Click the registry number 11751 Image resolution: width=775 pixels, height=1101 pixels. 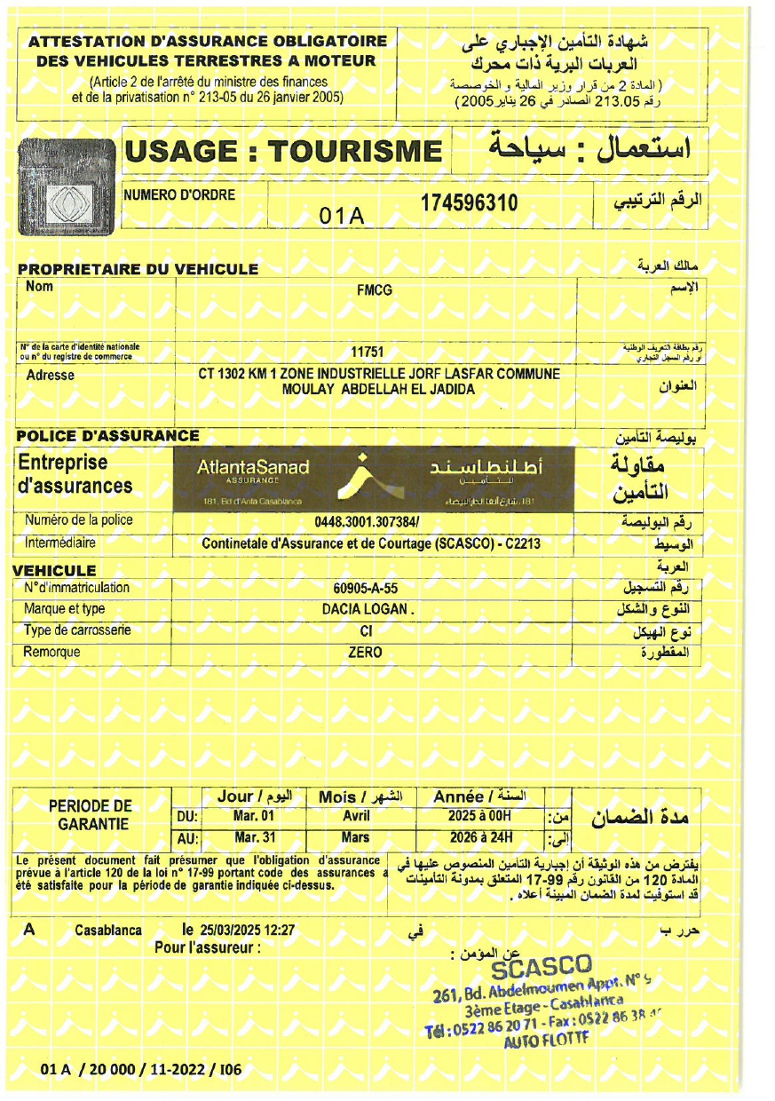click(367, 352)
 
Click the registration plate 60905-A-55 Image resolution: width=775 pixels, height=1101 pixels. click(365, 588)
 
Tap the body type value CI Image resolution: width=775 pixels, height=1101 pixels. click(365, 631)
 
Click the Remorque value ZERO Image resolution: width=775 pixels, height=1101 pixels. click(365, 653)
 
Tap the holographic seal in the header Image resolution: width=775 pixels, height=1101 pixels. click(67, 193)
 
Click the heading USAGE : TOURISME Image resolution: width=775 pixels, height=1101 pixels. click(283, 152)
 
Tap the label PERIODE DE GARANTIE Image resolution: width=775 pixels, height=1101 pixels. click(90, 815)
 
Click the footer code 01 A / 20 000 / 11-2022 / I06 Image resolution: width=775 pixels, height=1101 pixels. click(140, 1070)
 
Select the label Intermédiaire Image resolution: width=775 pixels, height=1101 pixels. click(60, 543)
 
